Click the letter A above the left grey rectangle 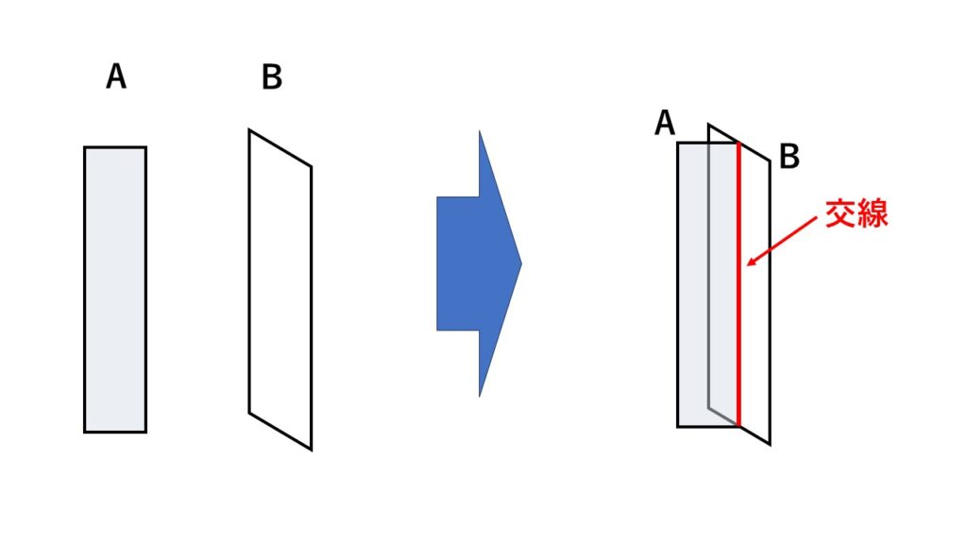pyautogui.click(x=116, y=76)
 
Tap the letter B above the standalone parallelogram pyautogui.click(x=272, y=77)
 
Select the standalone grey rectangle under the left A pyautogui.click(x=115, y=289)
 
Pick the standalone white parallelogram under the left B pyautogui.click(x=280, y=289)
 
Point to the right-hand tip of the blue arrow pyautogui.click(x=520, y=263)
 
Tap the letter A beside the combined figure pyautogui.click(x=665, y=124)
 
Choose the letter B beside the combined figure pyautogui.click(x=789, y=157)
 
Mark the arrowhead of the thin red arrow pyautogui.click(x=749, y=263)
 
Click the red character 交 pyautogui.click(x=840, y=213)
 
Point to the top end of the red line pyautogui.click(x=738, y=144)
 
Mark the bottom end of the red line pyautogui.click(x=738, y=425)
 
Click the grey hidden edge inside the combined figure pyautogui.click(x=708, y=283)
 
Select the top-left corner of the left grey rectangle pyautogui.click(x=85, y=147)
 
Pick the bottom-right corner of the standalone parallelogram pyautogui.click(x=311, y=448)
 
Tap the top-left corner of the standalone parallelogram pyautogui.click(x=249, y=130)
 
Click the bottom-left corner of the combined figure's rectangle pyautogui.click(x=678, y=426)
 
